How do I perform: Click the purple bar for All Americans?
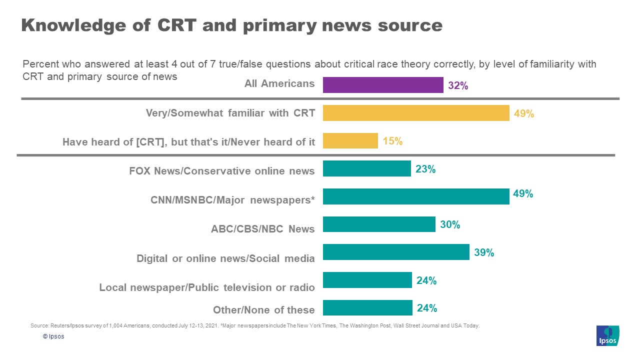383,85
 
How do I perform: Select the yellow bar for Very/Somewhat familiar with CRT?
416,113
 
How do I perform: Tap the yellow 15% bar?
350,140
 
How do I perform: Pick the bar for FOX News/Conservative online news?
366,168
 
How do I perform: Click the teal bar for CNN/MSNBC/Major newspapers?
416,196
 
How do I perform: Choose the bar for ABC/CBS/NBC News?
379,224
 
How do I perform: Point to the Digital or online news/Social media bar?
396,252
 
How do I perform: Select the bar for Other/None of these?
367,308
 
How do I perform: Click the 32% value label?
458,85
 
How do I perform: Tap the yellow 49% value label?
524,113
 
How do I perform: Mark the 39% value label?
484,253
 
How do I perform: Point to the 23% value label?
425,169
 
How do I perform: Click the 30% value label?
450,225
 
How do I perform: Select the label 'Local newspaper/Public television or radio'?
207,287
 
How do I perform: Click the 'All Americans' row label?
279,83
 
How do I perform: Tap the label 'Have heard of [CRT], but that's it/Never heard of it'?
188,142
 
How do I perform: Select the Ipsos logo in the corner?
607,335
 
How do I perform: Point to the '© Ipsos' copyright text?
53,336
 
